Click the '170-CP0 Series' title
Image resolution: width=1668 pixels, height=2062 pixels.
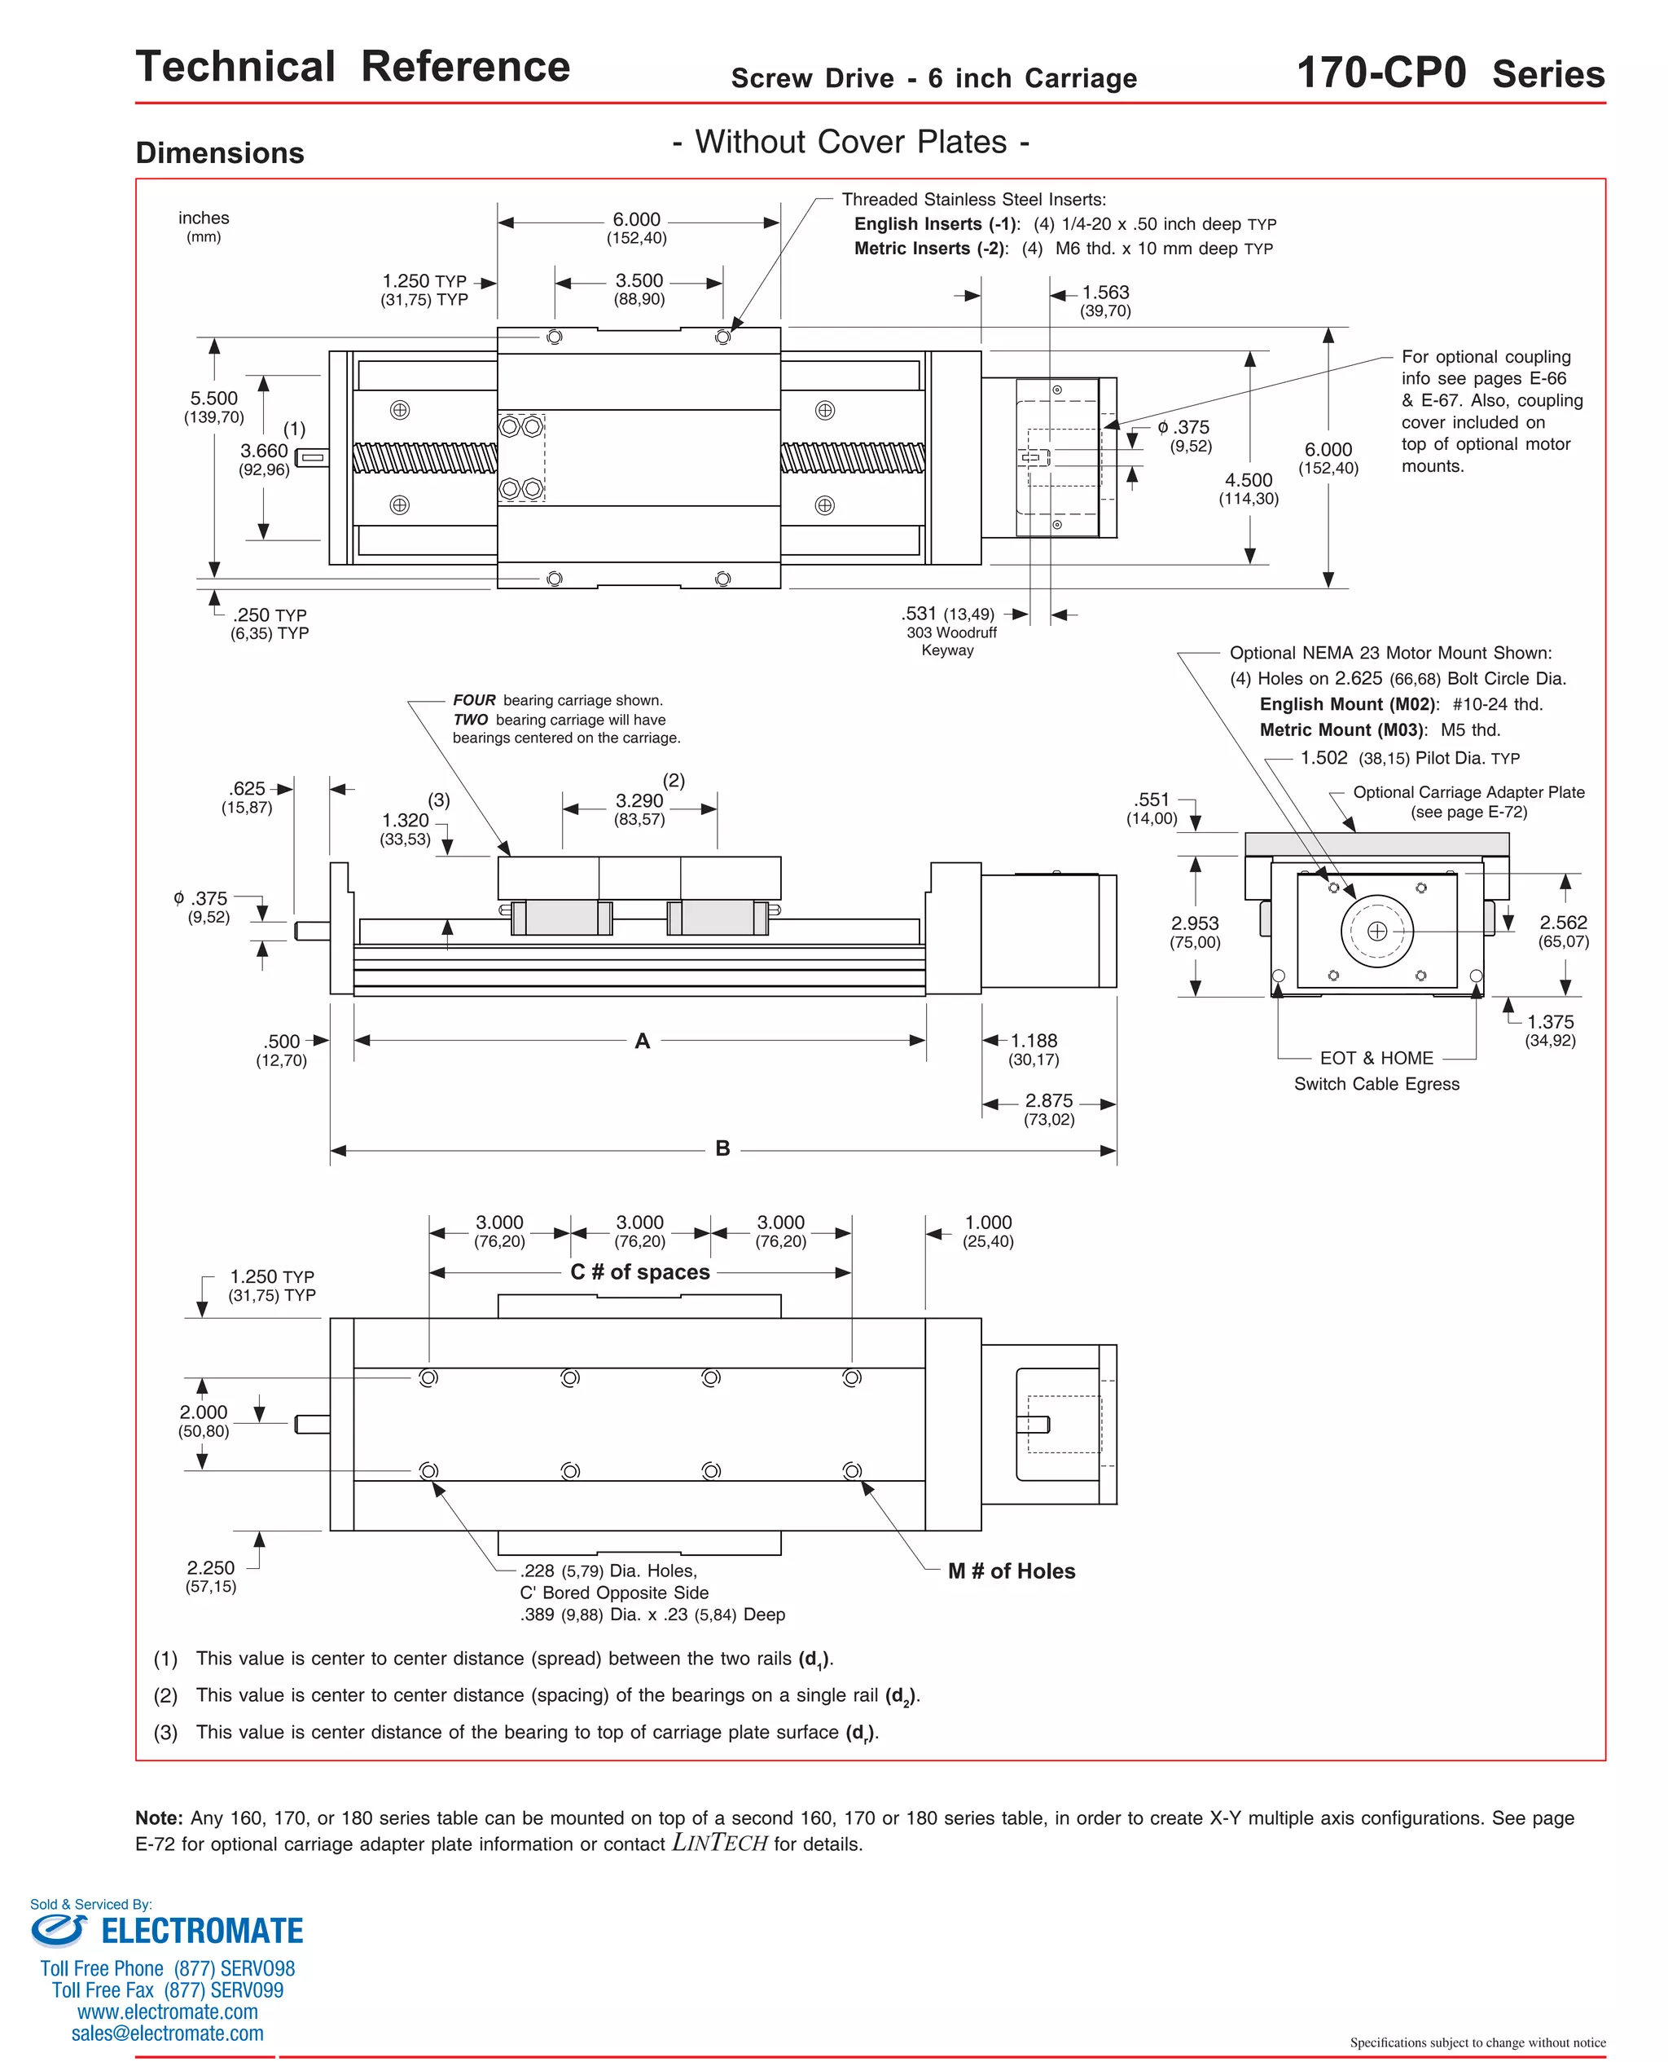(x=1450, y=74)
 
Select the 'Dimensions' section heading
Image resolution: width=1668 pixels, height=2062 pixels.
(x=220, y=153)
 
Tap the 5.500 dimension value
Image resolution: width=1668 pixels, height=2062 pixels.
(x=213, y=398)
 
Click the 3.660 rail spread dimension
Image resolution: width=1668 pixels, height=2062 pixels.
(x=264, y=451)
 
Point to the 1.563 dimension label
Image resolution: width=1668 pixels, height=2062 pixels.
(x=1105, y=293)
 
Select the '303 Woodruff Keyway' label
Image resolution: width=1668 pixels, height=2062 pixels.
(x=950, y=641)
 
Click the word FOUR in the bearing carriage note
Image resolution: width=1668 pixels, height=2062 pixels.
(x=475, y=700)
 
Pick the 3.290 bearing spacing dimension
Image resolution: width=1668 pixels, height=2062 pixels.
(x=639, y=801)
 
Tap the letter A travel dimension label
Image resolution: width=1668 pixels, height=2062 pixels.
(x=643, y=1040)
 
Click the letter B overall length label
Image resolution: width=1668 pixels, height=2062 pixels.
(x=722, y=1148)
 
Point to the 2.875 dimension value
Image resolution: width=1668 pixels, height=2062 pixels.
(x=1048, y=1101)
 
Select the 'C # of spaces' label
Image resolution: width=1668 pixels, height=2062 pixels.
(x=640, y=1271)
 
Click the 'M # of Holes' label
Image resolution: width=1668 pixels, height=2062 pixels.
(x=1011, y=1571)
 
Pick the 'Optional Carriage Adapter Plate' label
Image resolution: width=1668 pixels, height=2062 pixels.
(x=1468, y=792)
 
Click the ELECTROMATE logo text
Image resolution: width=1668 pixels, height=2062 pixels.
(x=202, y=1930)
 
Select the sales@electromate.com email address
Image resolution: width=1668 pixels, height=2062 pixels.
(x=167, y=2033)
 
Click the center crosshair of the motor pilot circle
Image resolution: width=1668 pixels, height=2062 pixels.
(x=1377, y=931)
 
